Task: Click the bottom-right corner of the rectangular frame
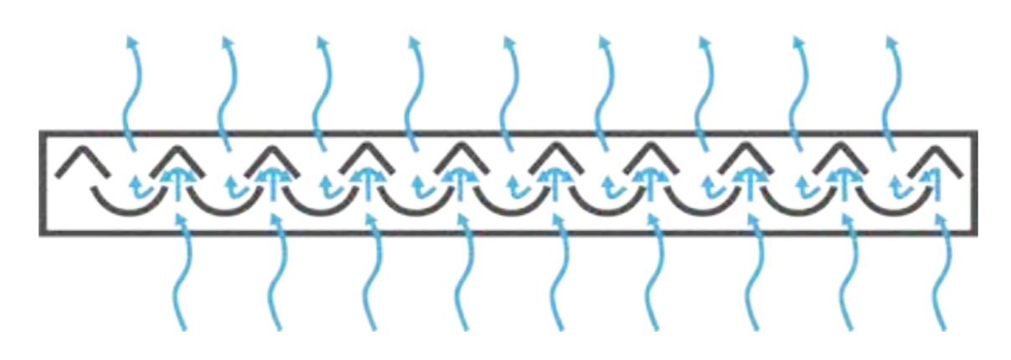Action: point(975,232)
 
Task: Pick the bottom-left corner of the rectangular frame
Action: point(40,232)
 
